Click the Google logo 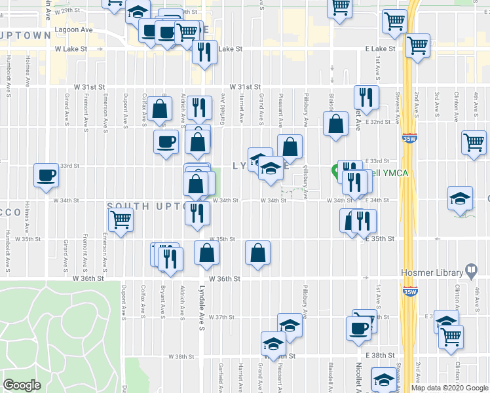click(22, 385)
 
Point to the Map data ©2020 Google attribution click(449, 388)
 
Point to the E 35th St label click(380, 239)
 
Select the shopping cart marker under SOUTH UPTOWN click(121, 221)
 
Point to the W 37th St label click(221, 317)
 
